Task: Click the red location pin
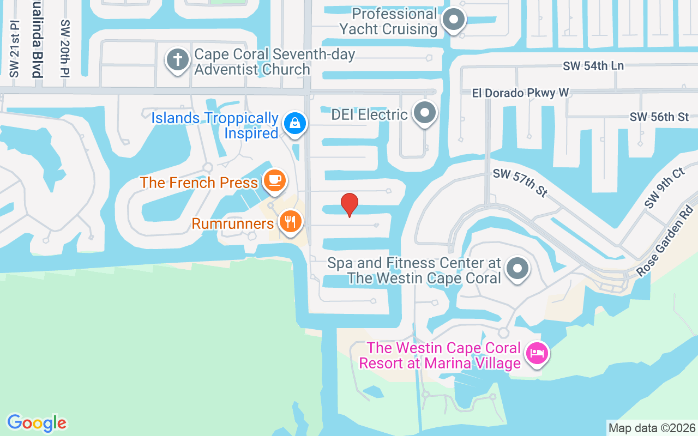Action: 350,204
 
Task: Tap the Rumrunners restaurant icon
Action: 290,221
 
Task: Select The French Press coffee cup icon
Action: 274,180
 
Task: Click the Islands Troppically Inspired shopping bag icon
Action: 295,123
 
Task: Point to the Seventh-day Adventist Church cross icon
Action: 177,59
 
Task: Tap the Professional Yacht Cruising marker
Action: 453,21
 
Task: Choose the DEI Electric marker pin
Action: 425,113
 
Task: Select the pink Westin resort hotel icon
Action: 537,353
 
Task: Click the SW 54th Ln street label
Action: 593,65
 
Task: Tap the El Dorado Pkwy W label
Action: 520,93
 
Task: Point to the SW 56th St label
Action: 659,117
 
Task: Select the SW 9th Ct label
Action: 664,188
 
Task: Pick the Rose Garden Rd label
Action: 667,240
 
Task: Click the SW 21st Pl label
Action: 14,49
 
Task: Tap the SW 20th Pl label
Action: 65,49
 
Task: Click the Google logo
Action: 37,423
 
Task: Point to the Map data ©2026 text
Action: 652,428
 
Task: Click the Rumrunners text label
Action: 233,223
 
